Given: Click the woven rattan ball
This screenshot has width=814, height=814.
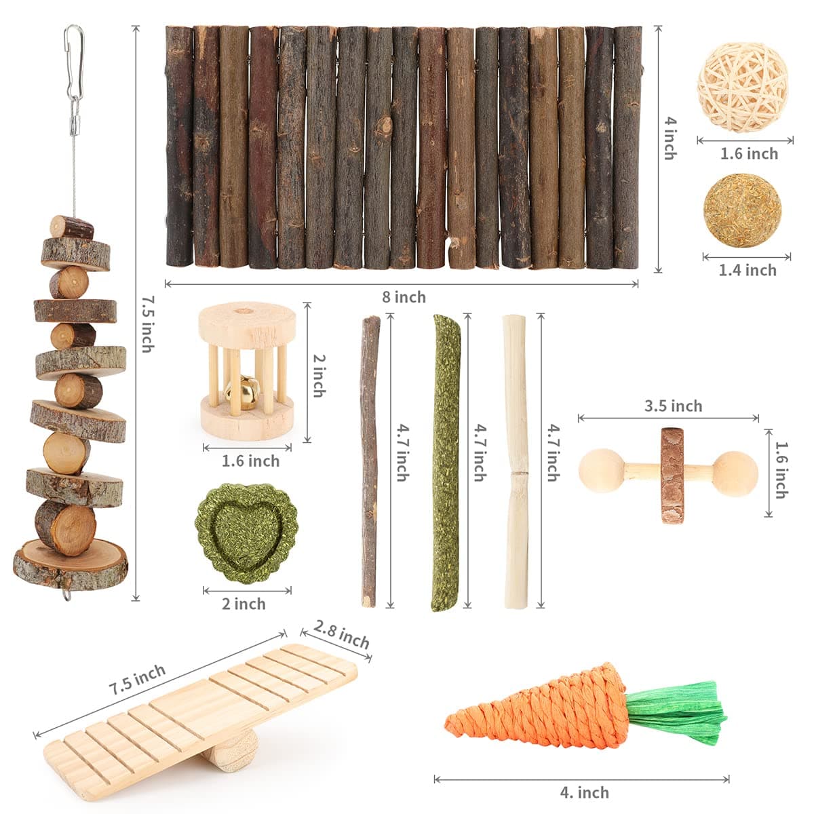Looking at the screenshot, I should [742, 87].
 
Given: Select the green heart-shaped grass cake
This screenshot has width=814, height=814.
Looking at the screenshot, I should [244, 534].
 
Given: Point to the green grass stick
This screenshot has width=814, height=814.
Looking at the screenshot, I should [446, 461].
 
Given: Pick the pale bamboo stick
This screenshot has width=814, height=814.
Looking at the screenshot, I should [516, 461].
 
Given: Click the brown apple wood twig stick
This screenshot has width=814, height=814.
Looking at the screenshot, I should [370, 461].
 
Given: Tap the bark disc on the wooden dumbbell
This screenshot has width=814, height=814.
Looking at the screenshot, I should [672, 475].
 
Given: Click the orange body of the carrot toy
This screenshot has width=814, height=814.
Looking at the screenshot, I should [543, 709].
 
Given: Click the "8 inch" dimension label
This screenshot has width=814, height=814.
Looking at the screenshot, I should [404, 297].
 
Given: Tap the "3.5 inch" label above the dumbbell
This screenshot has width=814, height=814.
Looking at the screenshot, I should [673, 406].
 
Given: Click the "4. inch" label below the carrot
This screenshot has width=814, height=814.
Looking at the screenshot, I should [583, 792].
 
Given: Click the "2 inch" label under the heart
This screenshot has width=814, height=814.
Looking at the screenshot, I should [244, 603].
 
